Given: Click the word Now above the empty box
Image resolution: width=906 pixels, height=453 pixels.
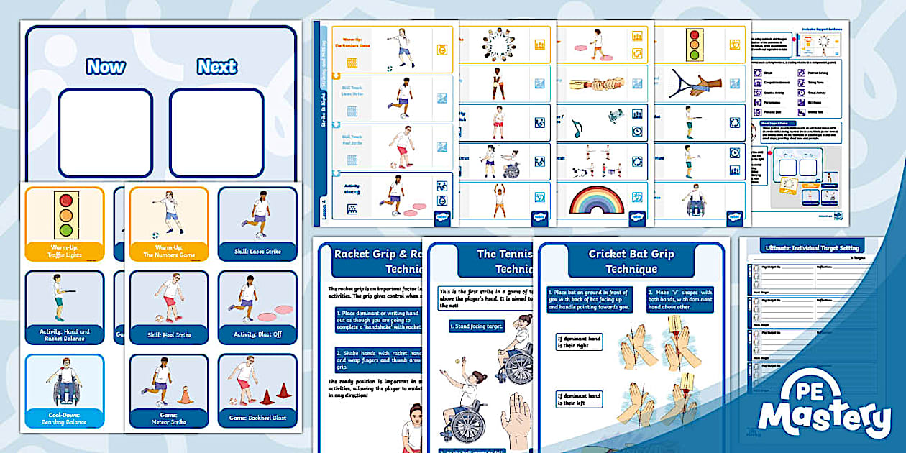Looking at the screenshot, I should click(x=106, y=67).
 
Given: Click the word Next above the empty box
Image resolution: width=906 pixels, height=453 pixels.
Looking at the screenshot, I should click(x=216, y=67).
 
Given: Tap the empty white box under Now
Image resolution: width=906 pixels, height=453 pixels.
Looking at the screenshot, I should click(x=105, y=132).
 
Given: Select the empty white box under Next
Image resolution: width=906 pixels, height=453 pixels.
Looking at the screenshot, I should click(x=216, y=132).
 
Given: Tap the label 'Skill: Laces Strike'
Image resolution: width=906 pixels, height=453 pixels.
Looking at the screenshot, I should click(x=257, y=252).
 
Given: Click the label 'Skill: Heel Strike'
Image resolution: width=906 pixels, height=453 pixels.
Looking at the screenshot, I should click(x=169, y=334).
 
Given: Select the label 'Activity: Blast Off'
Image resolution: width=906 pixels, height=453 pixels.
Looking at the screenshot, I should click(x=257, y=334).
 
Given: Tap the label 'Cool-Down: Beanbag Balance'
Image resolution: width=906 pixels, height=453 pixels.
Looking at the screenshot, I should click(x=66, y=418).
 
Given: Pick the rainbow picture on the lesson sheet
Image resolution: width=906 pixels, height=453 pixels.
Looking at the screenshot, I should click(x=596, y=200).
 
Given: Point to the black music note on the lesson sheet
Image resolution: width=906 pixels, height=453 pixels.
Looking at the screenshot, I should click(x=577, y=129).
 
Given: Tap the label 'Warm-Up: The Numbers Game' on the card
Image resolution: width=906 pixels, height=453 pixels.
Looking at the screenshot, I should click(x=169, y=252).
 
